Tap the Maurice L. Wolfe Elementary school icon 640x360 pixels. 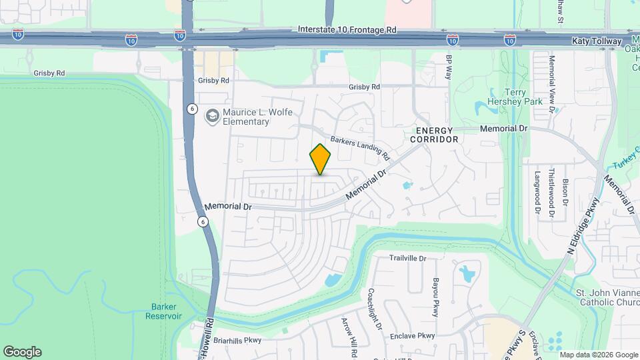click(212, 117)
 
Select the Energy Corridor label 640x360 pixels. click(437, 135)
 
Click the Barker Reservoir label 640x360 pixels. click(163, 311)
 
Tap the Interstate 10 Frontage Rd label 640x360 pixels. click(347, 30)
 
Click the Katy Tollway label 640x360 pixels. click(596, 41)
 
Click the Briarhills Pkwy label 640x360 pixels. click(233, 339)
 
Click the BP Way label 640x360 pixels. click(449, 67)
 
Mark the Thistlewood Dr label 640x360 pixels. click(551, 192)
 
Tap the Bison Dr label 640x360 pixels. click(565, 191)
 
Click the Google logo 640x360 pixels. click(22, 352)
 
